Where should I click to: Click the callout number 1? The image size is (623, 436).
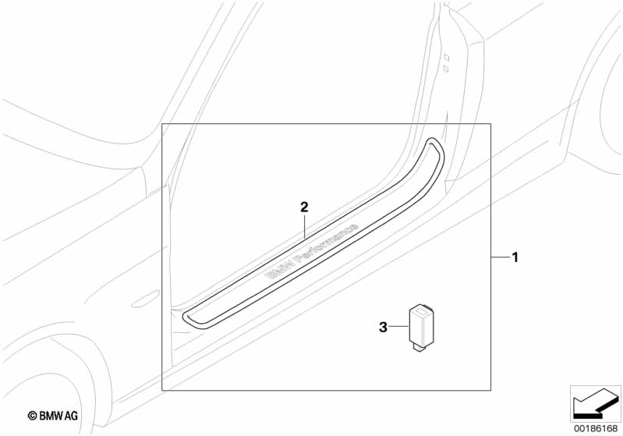515,257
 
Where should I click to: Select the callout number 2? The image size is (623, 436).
304,207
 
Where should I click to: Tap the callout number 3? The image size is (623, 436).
383,328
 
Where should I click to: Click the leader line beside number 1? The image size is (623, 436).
501,257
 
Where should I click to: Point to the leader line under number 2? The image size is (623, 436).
304,226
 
